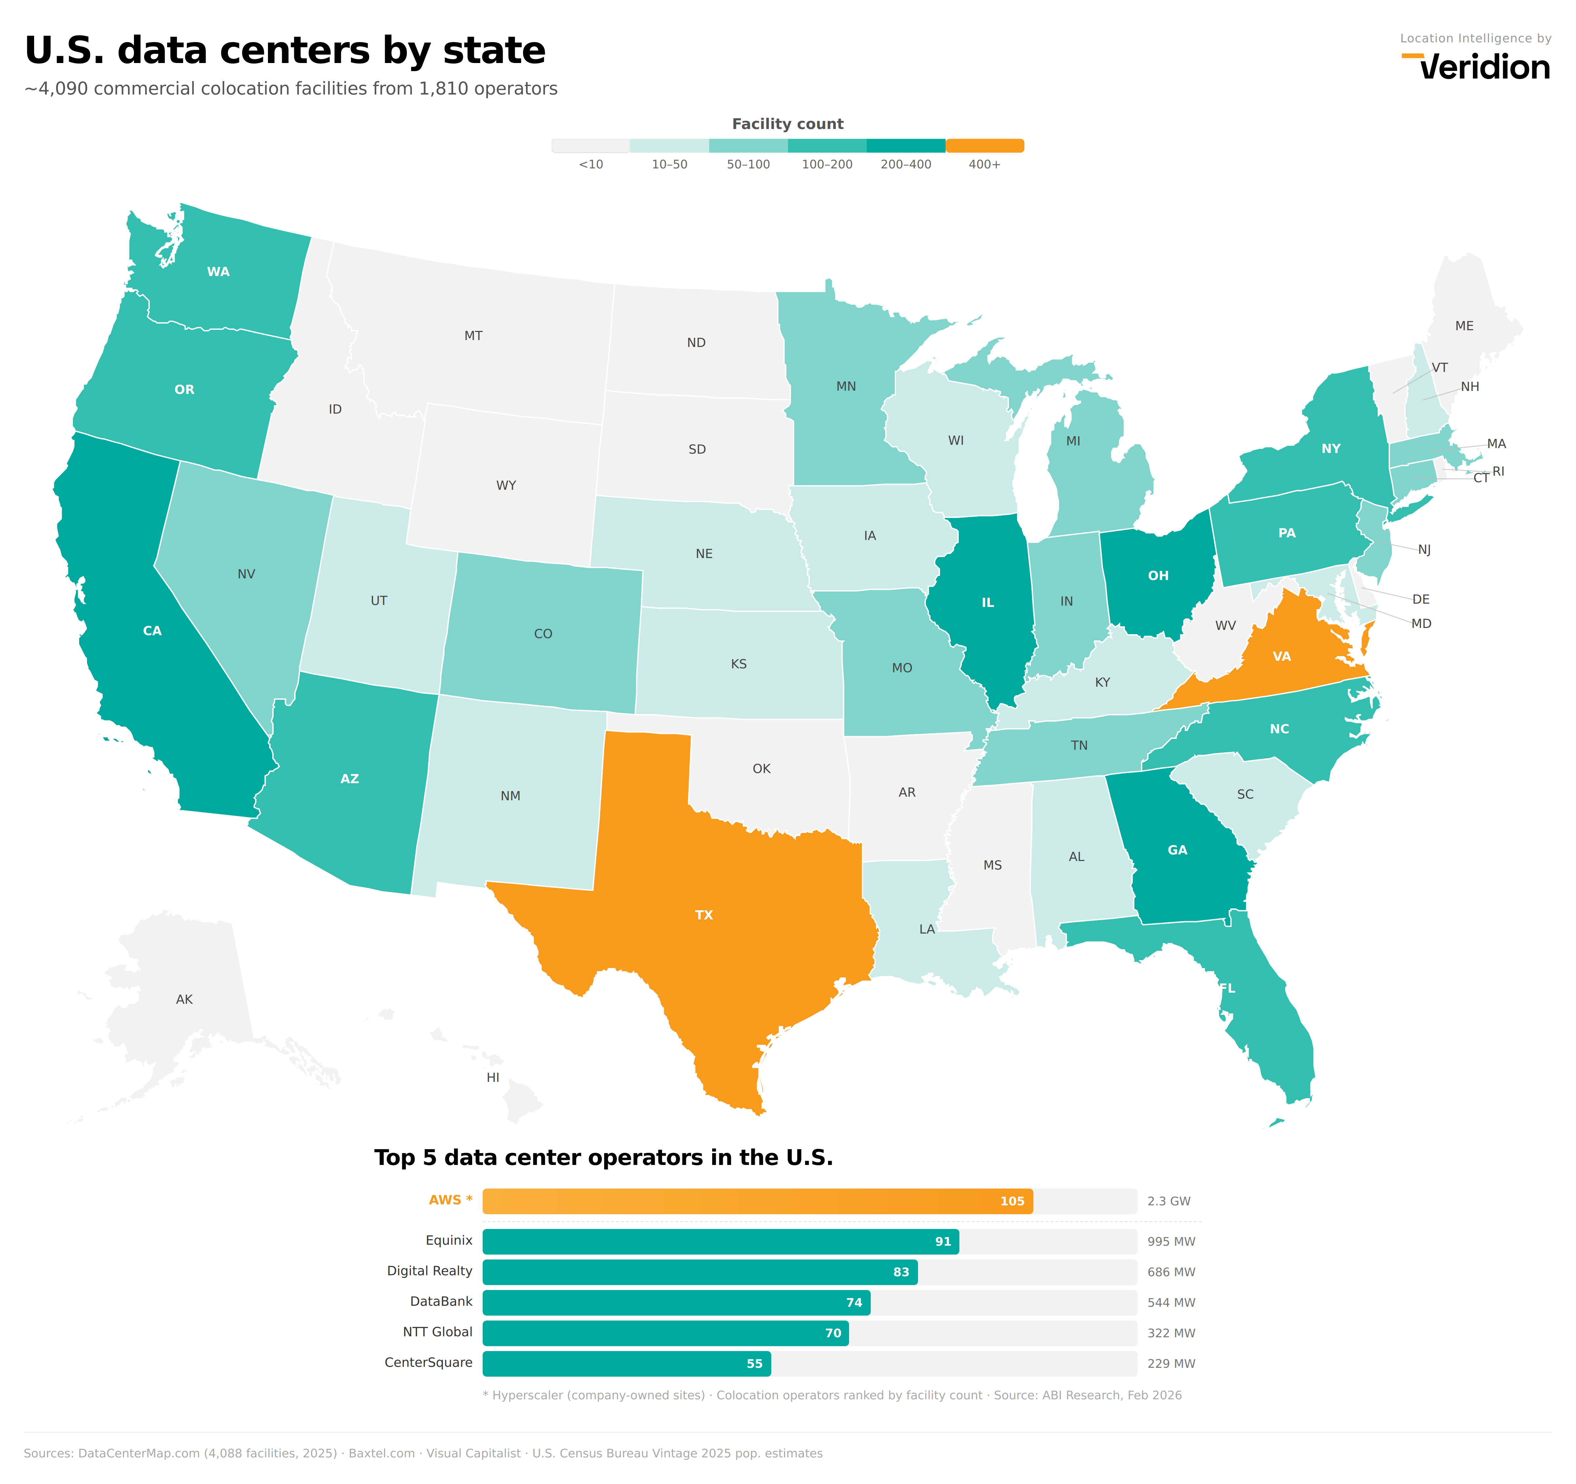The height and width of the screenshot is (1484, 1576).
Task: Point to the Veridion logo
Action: [1476, 67]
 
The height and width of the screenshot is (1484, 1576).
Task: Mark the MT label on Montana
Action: [473, 336]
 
